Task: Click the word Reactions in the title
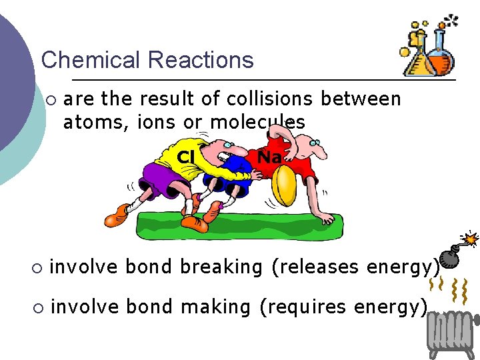pyautogui.click(x=200, y=60)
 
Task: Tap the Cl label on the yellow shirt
pyautogui.click(x=185, y=157)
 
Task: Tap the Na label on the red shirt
pyautogui.click(x=269, y=157)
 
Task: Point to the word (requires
pyautogui.click(x=303, y=307)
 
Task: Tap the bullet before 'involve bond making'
pyautogui.click(x=37, y=309)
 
